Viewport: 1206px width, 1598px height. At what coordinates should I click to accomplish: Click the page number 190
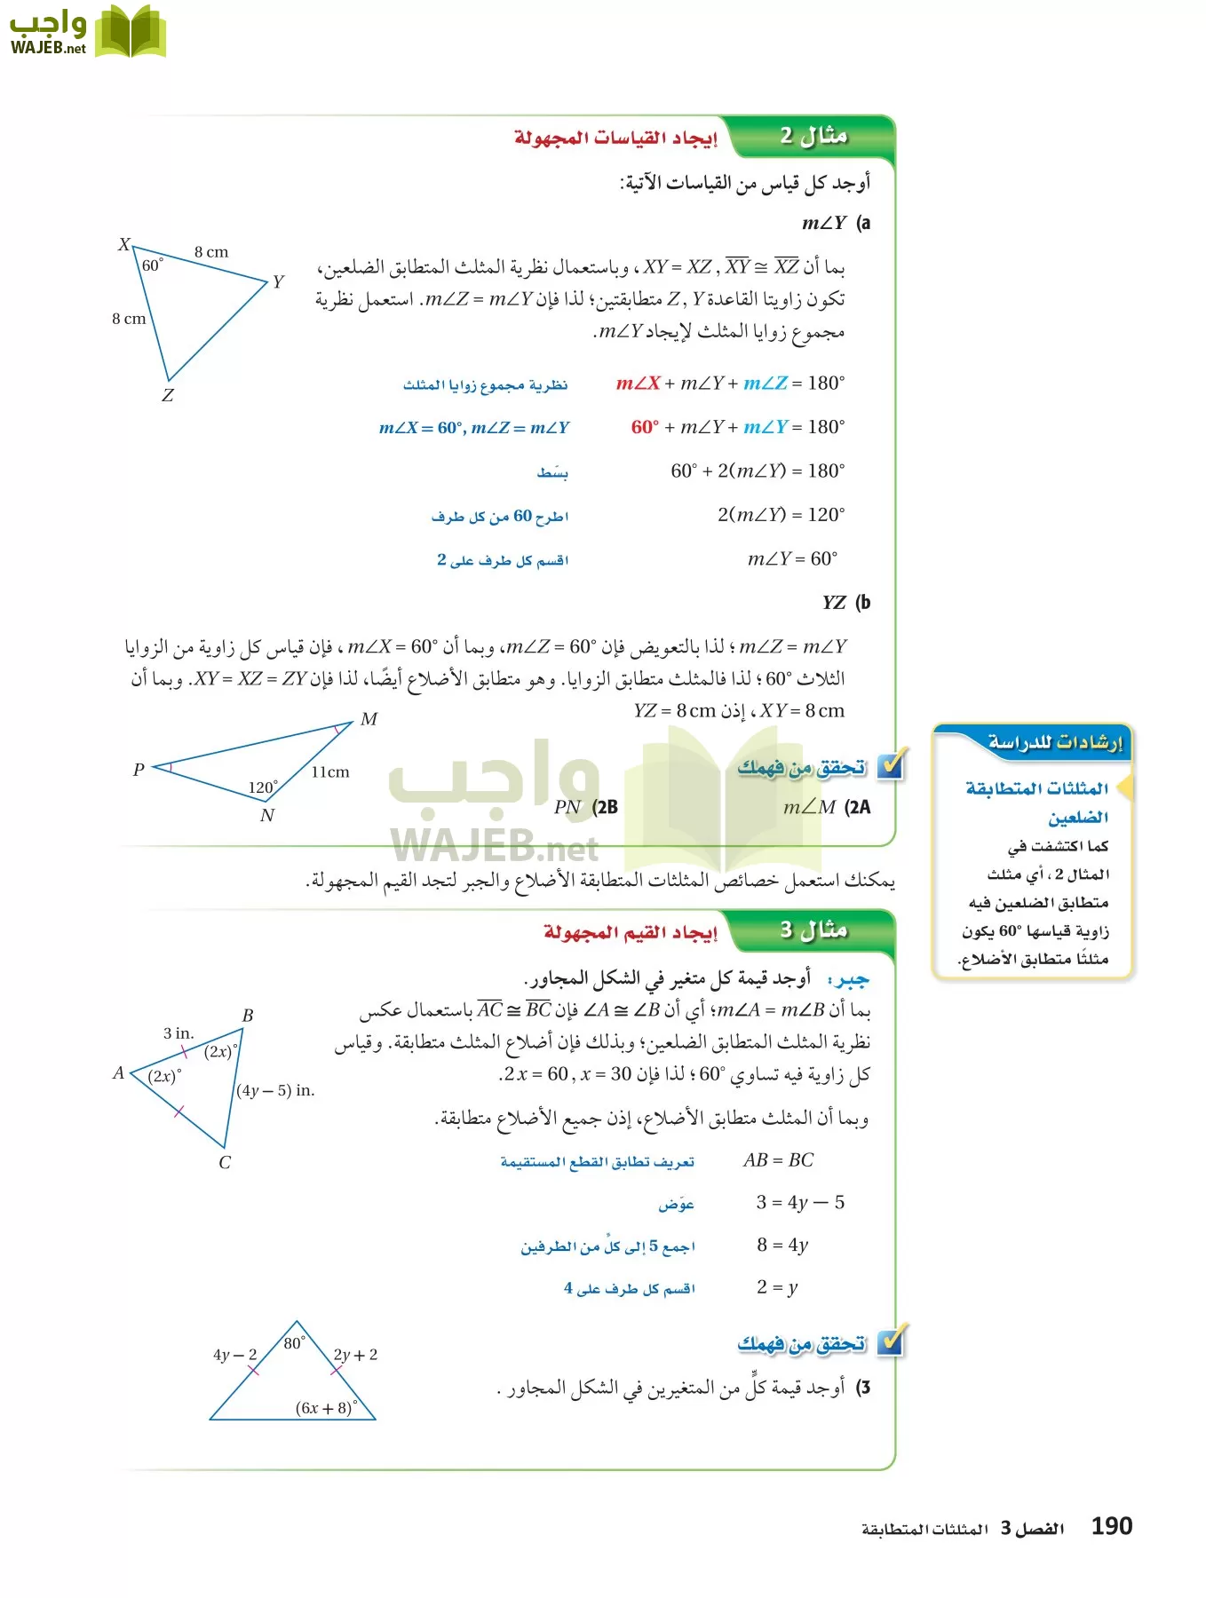click(x=1111, y=1526)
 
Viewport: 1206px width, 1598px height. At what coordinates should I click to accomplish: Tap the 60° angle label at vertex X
click(x=153, y=265)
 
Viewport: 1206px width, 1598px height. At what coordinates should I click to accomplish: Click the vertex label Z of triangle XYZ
click(x=168, y=396)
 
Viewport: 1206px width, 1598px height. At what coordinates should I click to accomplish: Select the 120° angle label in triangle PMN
click(x=263, y=787)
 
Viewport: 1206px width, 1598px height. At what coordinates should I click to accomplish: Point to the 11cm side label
click(x=330, y=772)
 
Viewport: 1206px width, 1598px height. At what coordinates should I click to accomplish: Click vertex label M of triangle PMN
click(x=369, y=719)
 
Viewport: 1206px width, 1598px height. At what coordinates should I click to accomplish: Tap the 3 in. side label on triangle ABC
click(x=179, y=1033)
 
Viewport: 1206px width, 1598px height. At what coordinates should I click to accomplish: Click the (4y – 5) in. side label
click(x=276, y=1090)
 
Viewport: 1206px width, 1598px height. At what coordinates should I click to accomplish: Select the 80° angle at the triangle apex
click(x=295, y=1343)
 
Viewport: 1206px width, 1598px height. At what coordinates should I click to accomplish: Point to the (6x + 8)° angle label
click(x=327, y=1408)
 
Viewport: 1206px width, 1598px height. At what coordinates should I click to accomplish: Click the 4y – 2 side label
click(x=234, y=1355)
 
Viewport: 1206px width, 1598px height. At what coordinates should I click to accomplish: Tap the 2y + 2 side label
click(x=356, y=1355)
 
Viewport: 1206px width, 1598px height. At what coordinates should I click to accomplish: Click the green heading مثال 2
click(x=813, y=136)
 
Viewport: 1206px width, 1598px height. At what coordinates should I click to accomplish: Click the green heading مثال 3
click(x=813, y=930)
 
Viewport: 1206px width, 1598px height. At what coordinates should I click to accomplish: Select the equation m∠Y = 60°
click(x=792, y=558)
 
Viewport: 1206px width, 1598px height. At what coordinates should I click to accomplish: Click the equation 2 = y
click(x=777, y=1287)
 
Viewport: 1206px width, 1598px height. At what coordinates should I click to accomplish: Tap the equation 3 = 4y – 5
click(x=800, y=1203)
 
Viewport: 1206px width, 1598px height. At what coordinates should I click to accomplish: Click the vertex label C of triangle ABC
click(x=225, y=1163)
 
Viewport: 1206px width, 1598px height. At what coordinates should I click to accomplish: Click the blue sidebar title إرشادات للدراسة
click(x=1055, y=742)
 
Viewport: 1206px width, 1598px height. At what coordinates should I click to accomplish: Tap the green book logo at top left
click(x=131, y=32)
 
